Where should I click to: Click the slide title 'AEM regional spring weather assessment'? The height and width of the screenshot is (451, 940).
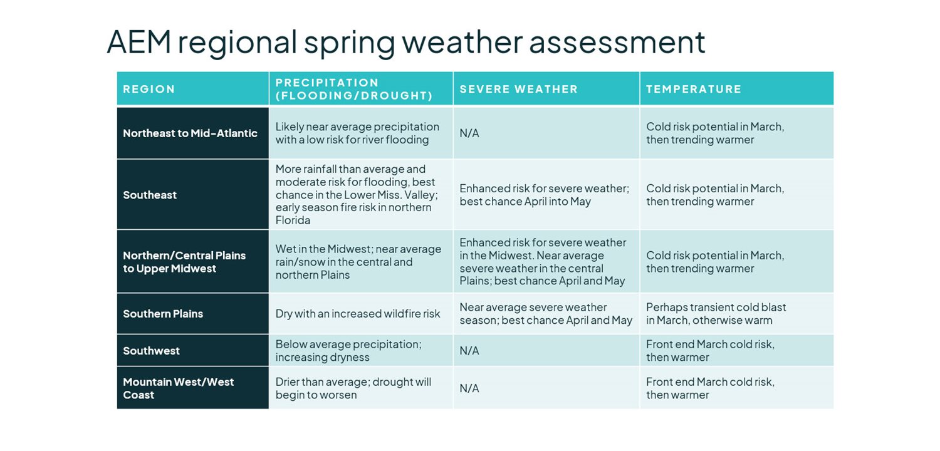tap(406, 42)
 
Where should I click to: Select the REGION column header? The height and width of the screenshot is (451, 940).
tap(149, 89)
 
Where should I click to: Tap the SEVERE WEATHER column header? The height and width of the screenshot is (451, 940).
tap(518, 89)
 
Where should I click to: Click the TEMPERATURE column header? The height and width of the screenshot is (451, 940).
tap(694, 89)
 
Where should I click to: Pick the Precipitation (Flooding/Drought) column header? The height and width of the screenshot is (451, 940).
tap(354, 89)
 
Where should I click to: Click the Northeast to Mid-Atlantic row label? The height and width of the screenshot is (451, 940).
tap(190, 133)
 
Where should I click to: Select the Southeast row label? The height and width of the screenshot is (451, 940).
tap(150, 195)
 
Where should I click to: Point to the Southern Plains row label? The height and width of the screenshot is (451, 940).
tap(163, 314)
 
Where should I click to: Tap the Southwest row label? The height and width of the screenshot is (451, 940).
tap(151, 351)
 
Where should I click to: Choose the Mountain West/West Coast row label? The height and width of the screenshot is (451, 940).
tap(178, 388)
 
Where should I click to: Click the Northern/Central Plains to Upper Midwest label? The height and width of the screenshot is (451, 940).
tap(184, 262)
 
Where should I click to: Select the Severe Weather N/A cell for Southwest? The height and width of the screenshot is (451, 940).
tap(469, 351)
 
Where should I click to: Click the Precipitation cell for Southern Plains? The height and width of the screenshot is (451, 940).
tap(358, 314)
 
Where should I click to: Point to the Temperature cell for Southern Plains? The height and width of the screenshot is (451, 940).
tap(716, 314)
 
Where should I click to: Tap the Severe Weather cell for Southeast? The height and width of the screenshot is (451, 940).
tap(544, 195)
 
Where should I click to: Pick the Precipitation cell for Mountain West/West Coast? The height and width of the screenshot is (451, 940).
tap(353, 388)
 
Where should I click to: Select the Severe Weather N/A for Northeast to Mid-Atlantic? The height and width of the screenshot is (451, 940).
tap(469, 133)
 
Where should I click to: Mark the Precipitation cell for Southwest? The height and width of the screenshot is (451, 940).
tap(348, 351)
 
